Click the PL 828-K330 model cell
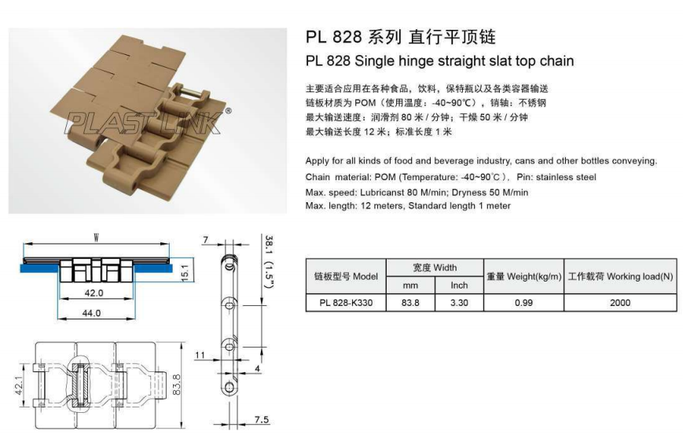click(346, 303)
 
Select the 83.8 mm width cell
click(410, 303)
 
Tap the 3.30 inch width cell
click(459, 303)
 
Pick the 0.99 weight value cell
click(523, 303)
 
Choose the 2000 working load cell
click(620, 303)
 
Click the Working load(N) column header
click(620, 276)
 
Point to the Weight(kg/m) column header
click(523, 276)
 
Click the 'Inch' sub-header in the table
click(459, 285)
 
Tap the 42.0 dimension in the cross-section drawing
click(94, 293)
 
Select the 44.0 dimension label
click(91, 313)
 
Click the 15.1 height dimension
click(185, 272)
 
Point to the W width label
click(96, 238)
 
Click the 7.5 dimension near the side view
click(262, 419)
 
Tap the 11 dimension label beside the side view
click(200, 355)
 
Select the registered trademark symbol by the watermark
click(228, 111)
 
